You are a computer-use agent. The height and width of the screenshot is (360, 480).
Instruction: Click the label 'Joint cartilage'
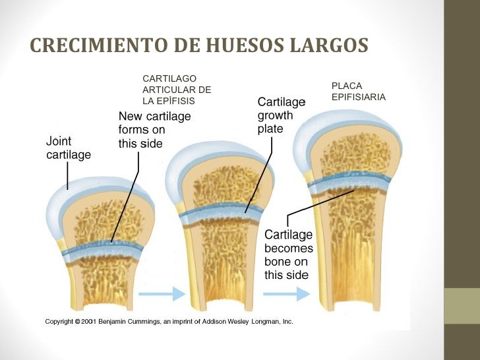coord(69,148)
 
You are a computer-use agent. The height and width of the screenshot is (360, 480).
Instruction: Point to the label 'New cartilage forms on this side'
coord(154,130)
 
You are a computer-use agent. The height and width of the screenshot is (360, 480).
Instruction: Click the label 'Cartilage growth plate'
coord(282,115)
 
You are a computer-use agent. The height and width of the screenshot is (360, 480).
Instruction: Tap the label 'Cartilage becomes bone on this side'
coord(289,255)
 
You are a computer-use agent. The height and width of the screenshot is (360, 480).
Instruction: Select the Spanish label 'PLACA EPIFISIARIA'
coord(359,91)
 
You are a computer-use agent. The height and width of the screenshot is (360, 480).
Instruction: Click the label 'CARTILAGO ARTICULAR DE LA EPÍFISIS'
coord(177,90)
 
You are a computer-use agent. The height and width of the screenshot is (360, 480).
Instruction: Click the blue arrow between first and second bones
coord(162,294)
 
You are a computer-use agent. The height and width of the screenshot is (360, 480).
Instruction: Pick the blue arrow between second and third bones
coord(287,294)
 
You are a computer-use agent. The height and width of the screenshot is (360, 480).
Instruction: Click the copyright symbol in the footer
coord(77,322)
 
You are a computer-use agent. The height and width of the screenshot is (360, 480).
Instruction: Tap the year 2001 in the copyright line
coord(89,322)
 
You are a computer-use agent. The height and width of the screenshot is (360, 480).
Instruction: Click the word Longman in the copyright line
coord(266,322)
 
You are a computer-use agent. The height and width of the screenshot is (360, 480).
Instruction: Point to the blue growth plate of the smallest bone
coord(103,250)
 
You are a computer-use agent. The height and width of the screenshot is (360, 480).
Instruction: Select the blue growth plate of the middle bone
coord(221,213)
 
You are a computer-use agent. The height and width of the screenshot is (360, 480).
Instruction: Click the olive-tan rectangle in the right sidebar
coord(462,306)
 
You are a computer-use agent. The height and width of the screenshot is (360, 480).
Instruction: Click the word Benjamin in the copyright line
coord(111,322)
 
